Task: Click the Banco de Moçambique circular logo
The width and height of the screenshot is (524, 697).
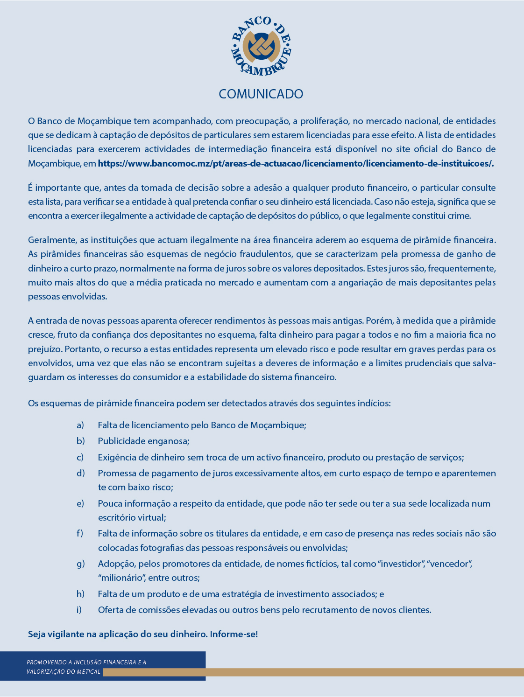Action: click(262, 46)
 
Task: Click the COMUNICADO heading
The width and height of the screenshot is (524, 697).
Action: click(261, 94)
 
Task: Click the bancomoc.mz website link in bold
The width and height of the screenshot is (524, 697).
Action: click(296, 163)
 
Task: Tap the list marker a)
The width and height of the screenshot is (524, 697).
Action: click(80, 425)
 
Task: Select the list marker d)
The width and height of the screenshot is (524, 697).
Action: click(81, 473)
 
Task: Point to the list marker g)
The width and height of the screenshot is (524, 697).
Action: click(81, 564)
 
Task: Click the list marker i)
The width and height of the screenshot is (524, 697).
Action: click(79, 610)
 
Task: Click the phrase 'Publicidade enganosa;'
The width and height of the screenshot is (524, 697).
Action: click(143, 441)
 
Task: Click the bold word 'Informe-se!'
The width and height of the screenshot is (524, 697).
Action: click(234, 634)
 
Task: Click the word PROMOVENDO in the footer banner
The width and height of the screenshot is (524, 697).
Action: click(46, 662)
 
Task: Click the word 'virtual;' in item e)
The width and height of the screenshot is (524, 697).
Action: click(150, 517)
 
